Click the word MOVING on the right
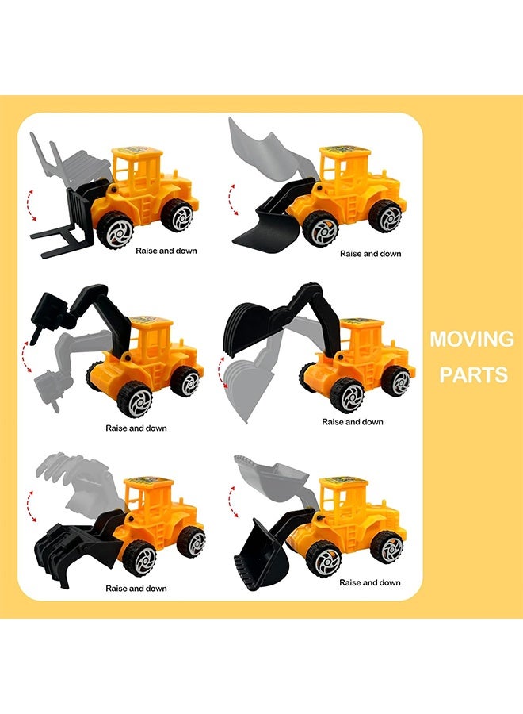(x=471, y=340)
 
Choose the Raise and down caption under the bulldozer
(x=370, y=254)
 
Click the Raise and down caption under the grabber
(x=136, y=589)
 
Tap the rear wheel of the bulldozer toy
(x=385, y=215)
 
